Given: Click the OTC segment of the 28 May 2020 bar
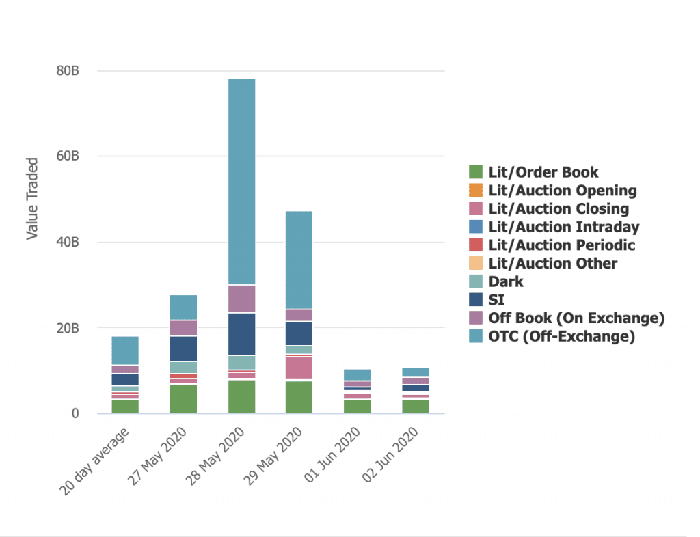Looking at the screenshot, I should (241, 181).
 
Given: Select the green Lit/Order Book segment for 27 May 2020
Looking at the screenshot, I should (183, 399).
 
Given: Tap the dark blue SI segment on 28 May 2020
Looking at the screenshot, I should (241, 334).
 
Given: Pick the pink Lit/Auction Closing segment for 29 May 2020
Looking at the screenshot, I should (299, 368).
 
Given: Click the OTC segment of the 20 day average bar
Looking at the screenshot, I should (125, 350).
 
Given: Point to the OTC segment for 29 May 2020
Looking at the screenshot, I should (299, 260).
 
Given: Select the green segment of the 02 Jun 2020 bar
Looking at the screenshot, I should (416, 406).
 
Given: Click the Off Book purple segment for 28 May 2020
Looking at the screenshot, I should (241, 299).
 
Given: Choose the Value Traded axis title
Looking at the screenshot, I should (32, 199).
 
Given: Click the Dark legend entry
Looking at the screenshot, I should (506, 281).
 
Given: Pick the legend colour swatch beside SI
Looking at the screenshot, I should (476, 300).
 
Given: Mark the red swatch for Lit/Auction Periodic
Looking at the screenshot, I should (476, 245).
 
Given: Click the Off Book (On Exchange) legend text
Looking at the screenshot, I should (576, 318).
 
